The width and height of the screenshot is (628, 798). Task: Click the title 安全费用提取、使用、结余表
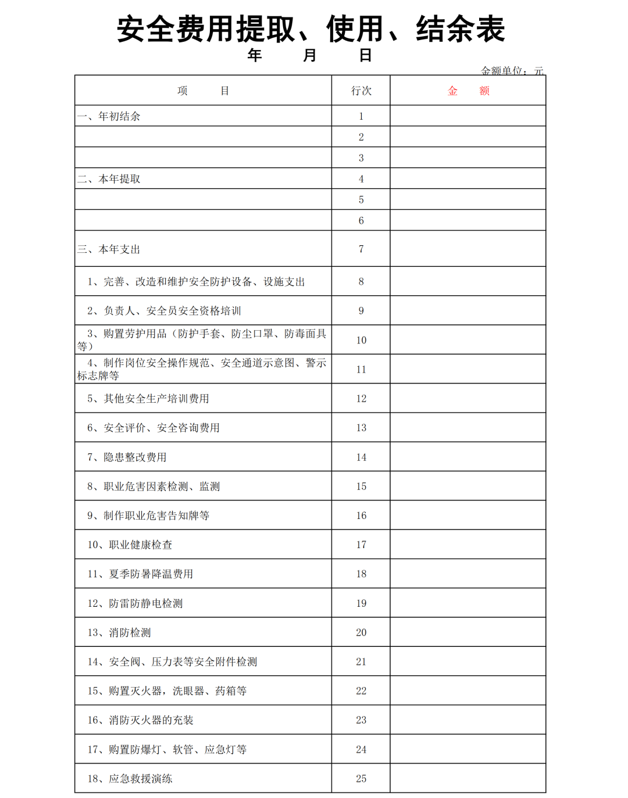pyautogui.click(x=311, y=29)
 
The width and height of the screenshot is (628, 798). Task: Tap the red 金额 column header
pyautogui.click(x=468, y=91)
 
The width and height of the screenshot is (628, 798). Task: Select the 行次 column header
pyautogui.click(x=361, y=91)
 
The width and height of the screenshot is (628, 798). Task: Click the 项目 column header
pyautogui.click(x=203, y=91)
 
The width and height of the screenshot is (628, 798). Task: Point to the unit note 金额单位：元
pyautogui.click(x=512, y=71)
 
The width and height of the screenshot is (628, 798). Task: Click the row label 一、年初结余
pyautogui.click(x=109, y=116)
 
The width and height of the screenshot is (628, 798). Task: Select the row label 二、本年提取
pyautogui.click(x=109, y=179)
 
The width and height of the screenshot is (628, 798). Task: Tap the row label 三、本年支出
pyautogui.click(x=109, y=249)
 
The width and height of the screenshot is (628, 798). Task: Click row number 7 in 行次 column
pyautogui.click(x=361, y=249)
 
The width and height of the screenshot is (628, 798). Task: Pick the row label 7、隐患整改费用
pyautogui.click(x=127, y=457)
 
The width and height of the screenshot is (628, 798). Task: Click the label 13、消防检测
pyautogui.click(x=119, y=632)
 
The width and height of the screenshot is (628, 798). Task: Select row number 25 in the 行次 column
pyautogui.click(x=361, y=779)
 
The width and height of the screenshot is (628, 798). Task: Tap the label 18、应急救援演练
pyautogui.click(x=130, y=779)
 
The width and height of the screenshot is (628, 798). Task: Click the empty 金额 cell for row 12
pyautogui.click(x=468, y=399)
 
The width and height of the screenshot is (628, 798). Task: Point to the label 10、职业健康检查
pyautogui.click(x=130, y=545)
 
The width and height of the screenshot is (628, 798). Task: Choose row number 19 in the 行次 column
pyautogui.click(x=361, y=603)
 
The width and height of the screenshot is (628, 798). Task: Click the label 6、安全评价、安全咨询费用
pyautogui.click(x=154, y=428)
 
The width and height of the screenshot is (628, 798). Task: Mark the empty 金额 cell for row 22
pyautogui.click(x=468, y=691)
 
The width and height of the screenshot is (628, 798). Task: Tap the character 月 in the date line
pyautogui.click(x=309, y=55)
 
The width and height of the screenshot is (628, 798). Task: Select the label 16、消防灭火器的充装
pyautogui.click(x=140, y=720)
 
